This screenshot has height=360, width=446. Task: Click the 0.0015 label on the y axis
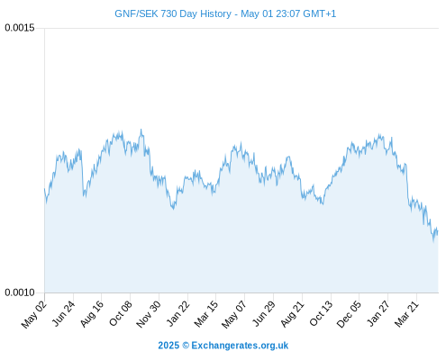(x=20, y=28)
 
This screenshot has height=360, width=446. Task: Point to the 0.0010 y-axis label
(x=20, y=292)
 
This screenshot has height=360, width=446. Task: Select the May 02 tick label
(x=34, y=314)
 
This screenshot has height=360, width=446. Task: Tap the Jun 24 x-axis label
(x=63, y=314)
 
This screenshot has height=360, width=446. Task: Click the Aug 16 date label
(x=92, y=314)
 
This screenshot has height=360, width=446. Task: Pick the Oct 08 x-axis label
(x=121, y=314)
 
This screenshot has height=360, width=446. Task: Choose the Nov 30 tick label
(x=149, y=314)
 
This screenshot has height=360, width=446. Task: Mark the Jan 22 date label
(x=178, y=314)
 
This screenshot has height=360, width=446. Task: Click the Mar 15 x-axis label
(x=206, y=314)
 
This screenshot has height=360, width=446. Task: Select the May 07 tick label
(x=234, y=314)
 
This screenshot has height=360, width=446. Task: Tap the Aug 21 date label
(x=293, y=314)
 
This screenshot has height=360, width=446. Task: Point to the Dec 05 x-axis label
(x=350, y=314)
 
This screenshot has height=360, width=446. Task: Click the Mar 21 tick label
(x=406, y=314)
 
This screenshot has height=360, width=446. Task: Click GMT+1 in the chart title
(x=320, y=13)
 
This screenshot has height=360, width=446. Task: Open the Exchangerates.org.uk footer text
(x=240, y=346)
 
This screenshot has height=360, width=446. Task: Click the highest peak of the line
(x=141, y=130)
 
